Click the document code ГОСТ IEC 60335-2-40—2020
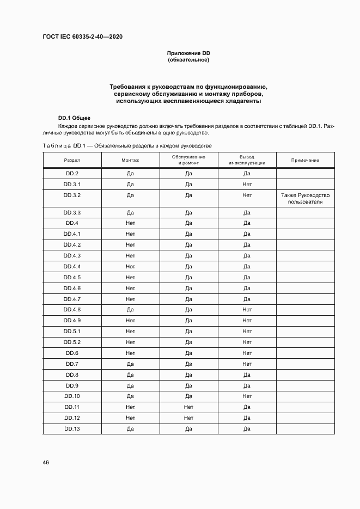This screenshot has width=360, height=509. (x=82, y=36)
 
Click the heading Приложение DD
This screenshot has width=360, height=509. (x=188, y=53)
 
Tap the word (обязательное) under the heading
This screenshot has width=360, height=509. (x=188, y=60)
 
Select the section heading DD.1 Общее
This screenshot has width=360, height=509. (x=74, y=118)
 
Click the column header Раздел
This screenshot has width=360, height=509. (x=72, y=160)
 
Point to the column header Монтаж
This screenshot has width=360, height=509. (x=130, y=160)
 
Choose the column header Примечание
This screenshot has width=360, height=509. (x=305, y=160)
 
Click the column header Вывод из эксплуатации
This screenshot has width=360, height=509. (x=247, y=160)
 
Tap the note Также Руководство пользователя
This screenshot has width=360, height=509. (x=305, y=198)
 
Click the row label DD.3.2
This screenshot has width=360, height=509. (x=72, y=195)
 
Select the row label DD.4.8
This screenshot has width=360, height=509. (x=72, y=310)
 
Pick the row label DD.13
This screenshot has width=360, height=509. (x=72, y=429)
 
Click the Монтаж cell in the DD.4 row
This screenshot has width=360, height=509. (x=130, y=223)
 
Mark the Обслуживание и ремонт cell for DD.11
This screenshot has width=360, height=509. (x=188, y=407)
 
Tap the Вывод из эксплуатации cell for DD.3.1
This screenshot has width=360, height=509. (x=247, y=185)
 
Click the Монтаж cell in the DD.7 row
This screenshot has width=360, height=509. (x=130, y=364)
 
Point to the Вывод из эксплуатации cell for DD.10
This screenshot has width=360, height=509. (x=247, y=396)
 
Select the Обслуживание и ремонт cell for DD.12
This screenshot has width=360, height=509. (x=188, y=418)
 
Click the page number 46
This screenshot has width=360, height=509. (x=46, y=463)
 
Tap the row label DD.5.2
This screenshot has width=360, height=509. (x=72, y=342)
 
